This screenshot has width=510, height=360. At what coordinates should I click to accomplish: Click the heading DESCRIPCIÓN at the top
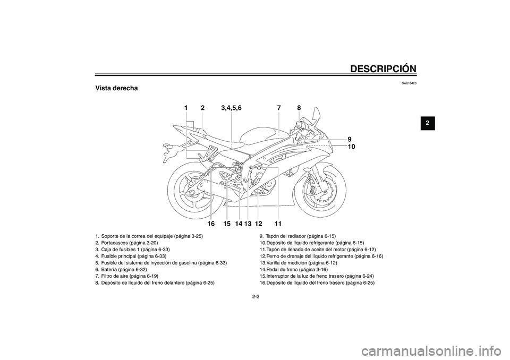[x=384, y=68]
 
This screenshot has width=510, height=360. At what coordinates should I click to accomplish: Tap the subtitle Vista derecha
[x=116, y=88]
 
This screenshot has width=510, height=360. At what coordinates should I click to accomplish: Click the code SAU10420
[x=409, y=83]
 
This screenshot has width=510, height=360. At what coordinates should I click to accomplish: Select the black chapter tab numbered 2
[x=427, y=123]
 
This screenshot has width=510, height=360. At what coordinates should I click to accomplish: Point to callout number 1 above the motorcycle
[x=186, y=108]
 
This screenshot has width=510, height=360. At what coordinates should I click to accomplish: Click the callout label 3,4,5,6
[x=231, y=108]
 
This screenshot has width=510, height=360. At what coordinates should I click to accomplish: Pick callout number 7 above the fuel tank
[x=279, y=108]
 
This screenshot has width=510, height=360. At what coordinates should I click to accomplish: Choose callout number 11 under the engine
[x=278, y=224]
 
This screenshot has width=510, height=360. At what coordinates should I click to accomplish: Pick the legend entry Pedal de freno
[x=294, y=270]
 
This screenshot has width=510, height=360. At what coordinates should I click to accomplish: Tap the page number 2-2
[x=256, y=297]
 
